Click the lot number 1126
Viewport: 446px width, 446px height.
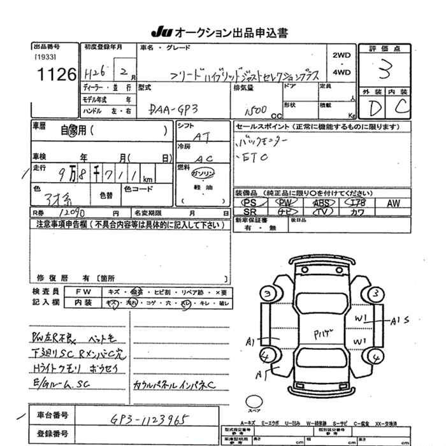point(54,75)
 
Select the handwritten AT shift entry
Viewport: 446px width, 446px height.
point(201,136)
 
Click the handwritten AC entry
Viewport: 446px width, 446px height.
point(203,157)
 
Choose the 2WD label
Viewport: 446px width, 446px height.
point(342,55)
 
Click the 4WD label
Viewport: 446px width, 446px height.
point(342,73)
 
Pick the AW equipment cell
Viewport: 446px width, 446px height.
point(393,203)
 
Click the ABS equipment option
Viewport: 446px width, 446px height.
point(321,203)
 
